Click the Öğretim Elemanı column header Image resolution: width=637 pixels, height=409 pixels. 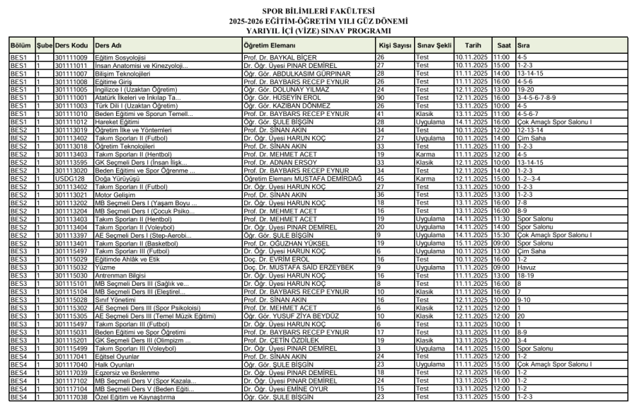pyautogui.click(x=260, y=45)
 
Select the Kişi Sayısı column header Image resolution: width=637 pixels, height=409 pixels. pyautogui.click(x=395, y=45)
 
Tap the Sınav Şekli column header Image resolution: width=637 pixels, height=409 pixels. pyautogui.click(x=434, y=45)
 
